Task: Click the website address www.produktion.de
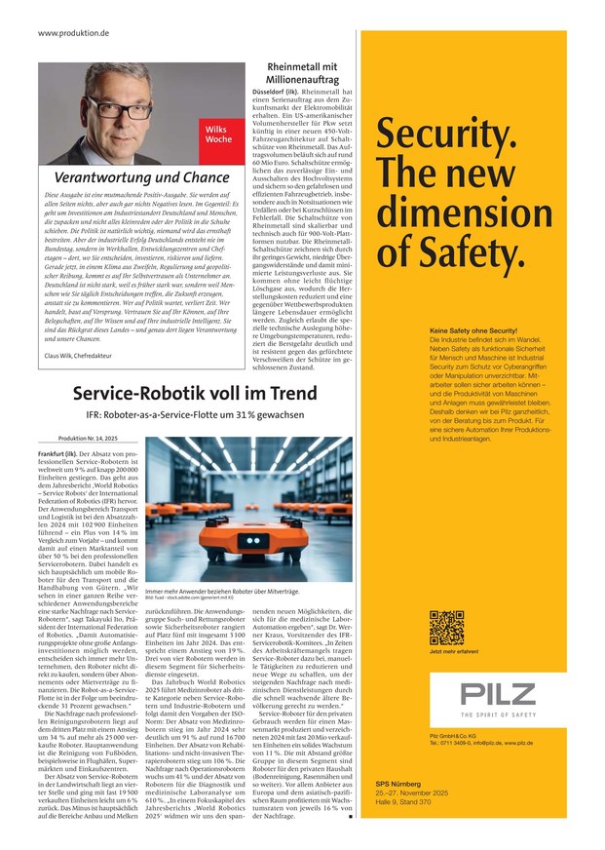74,33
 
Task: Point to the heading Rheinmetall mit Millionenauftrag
301,74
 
